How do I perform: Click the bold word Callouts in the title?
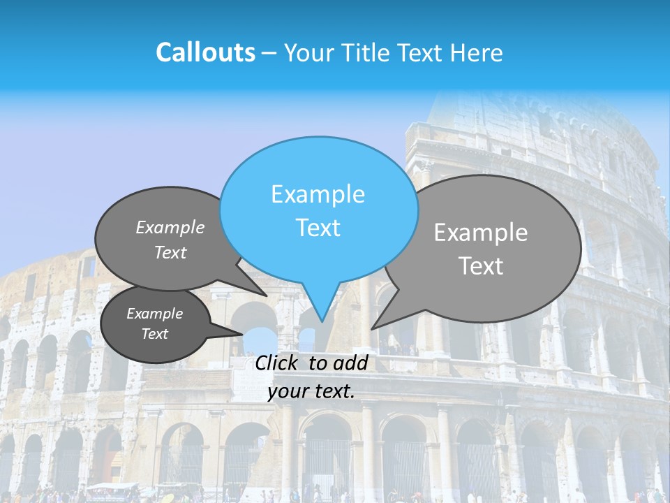[x=205, y=52]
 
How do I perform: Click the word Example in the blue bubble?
[x=318, y=194]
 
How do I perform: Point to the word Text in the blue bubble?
[x=318, y=228]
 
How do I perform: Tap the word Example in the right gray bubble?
[x=481, y=233]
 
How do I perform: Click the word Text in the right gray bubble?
[x=481, y=266]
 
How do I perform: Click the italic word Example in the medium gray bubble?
[x=170, y=228]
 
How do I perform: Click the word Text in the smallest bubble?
[x=155, y=334]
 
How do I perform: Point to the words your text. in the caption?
[x=311, y=391]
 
